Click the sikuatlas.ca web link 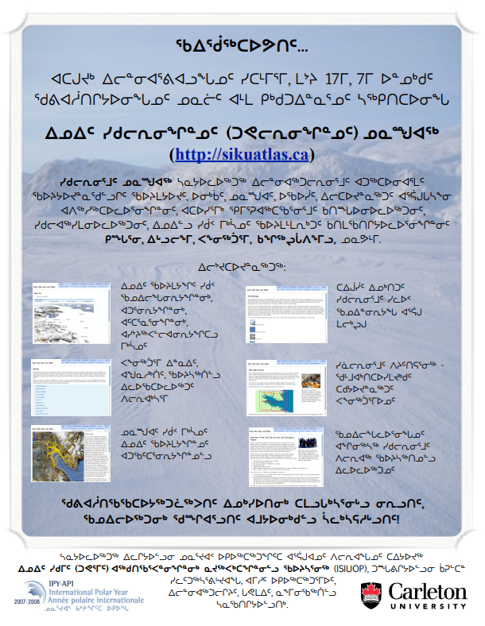(x=241, y=153)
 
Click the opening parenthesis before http (x=173, y=153)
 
